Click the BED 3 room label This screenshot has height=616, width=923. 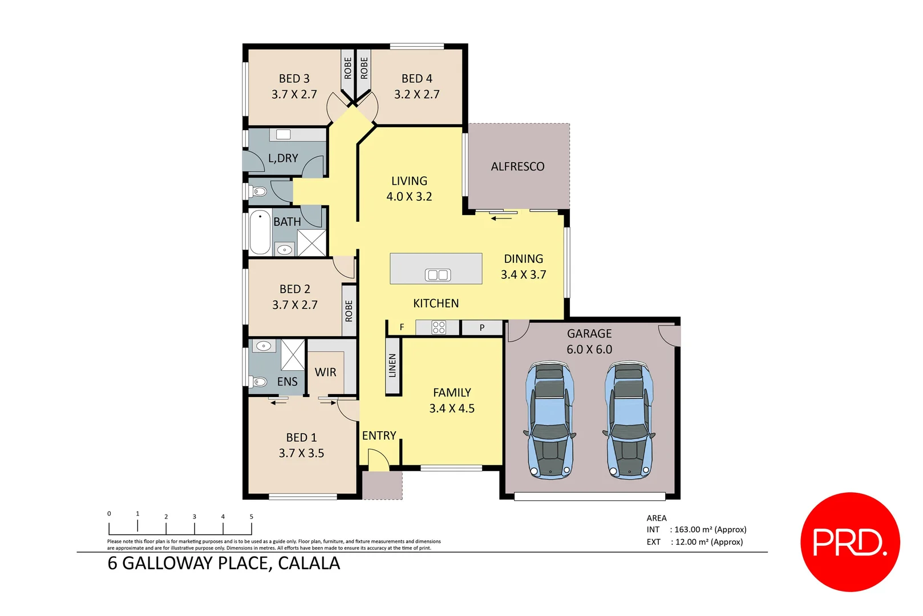coord(294,79)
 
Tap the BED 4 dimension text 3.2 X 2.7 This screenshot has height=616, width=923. coord(416,94)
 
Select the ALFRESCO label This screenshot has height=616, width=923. coord(517,167)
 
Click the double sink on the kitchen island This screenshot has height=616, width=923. coord(438,275)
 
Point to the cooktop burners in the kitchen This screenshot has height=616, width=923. coord(438,327)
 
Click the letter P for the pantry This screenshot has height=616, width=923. coord(482,328)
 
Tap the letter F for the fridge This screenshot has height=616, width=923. coord(402,327)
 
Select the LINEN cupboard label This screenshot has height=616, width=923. coord(392,366)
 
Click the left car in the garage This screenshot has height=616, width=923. coord(549,419)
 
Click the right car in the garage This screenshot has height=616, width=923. coord(629,419)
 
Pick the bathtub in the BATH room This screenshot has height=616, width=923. coord(260,233)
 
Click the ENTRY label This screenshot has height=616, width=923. coord(379,436)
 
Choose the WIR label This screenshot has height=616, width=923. coord(325,372)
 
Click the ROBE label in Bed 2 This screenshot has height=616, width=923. coord(349,311)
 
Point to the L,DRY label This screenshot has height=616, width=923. coord(283,158)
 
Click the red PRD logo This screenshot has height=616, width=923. coord(850,542)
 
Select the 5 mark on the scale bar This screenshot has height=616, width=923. coord(251,517)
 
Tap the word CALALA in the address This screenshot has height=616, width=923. coord(309,564)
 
